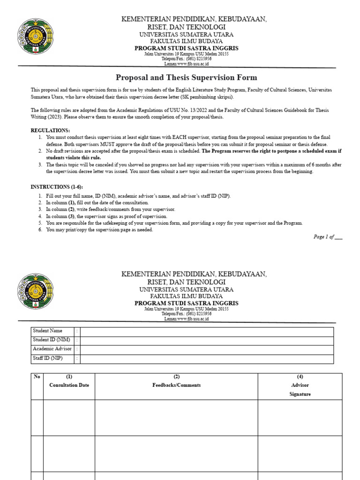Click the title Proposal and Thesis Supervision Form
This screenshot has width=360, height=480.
pyautogui.click(x=186, y=78)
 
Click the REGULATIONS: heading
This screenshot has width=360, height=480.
pyautogui.click(x=50, y=130)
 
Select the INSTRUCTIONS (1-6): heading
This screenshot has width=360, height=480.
pyautogui.click(x=56, y=187)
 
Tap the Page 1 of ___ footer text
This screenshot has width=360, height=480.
pyautogui.click(x=328, y=237)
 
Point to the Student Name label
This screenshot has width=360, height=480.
pyautogui.click(x=47, y=331)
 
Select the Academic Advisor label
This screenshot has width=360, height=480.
pyautogui.click(x=52, y=349)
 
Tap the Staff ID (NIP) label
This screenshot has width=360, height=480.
pyautogui.click(x=47, y=358)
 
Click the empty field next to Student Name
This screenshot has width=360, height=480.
pyautogui.click(x=207, y=331)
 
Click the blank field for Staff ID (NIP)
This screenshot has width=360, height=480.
pyautogui.click(x=207, y=359)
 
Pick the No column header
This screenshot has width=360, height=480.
pyautogui.click(x=37, y=377)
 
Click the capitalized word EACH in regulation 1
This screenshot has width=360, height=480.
pyautogui.click(x=168, y=137)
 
